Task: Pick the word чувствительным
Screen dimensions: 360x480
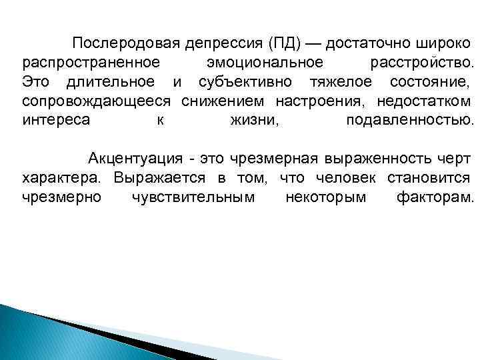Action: pos(193,199)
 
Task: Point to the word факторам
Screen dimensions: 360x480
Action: pos(435,199)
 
